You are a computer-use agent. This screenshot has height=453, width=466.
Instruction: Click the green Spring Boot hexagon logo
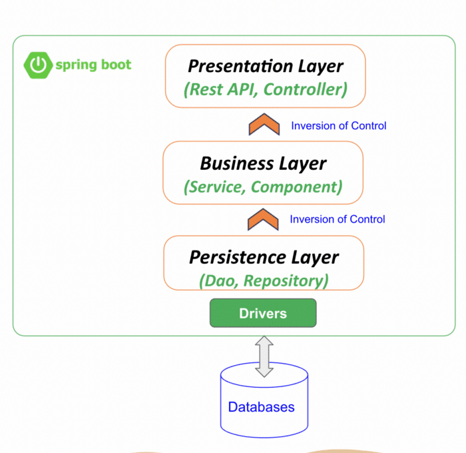[x=38, y=65]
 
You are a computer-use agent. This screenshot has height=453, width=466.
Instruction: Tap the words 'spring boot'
[x=93, y=65]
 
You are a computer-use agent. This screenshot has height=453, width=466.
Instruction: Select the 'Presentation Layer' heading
[x=266, y=67]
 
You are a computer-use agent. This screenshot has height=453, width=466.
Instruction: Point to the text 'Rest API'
[x=223, y=89]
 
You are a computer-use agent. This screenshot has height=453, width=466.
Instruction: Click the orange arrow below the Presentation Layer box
[x=264, y=125]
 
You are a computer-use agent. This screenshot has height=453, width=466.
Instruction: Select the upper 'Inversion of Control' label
[x=338, y=126]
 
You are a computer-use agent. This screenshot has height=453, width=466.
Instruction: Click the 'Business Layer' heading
[x=264, y=164]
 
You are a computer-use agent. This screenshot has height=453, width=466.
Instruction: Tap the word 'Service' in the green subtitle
[x=217, y=187]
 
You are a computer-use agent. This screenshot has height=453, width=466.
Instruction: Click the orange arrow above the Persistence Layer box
[x=263, y=220]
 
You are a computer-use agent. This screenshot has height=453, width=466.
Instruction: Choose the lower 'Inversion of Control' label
[x=338, y=219]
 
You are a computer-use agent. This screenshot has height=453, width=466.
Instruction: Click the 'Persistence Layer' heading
[x=264, y=258]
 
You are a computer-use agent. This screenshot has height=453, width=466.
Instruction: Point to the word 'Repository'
[x=283, y=281]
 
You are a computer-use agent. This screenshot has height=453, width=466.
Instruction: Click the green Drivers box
[x=263, y=313]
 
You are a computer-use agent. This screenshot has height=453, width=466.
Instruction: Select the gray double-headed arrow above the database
[x=264, y=356]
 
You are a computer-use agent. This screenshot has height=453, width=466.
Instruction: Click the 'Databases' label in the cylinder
[x=261, y=407]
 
